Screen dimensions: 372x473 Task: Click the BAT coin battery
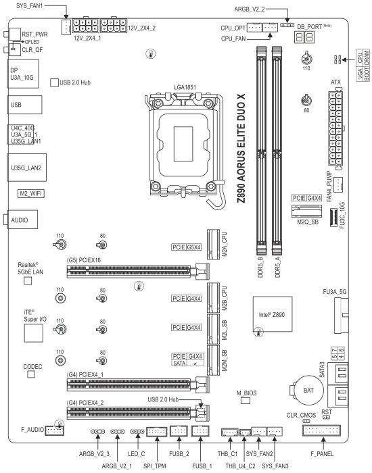[x=308, y=391]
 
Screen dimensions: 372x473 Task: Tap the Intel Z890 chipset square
[x=273, y=314]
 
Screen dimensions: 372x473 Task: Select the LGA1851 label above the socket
[x=185, y=87]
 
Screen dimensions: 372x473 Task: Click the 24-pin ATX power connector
[x=335, y=128]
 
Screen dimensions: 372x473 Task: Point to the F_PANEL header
[x=321, y=430]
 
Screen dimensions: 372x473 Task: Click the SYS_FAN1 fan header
[x=66, y=27]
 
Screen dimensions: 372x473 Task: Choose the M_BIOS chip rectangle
[x=246, y=400]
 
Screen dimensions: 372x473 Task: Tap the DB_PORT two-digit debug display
[x=304, y=37]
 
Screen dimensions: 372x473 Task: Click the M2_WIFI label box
[x=31, y=193]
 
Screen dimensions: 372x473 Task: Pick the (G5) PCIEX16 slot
[x=138, y=271]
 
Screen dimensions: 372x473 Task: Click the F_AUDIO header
[x=54, y=430]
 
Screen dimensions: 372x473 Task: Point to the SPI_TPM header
[x=157, y=432]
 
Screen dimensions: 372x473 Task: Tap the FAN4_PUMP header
[x=338, y=183]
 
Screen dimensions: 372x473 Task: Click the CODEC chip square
[x=31, y=374]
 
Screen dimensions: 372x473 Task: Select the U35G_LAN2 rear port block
[x=27, y=168]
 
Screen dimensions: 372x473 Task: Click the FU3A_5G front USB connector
[x=341, y=315]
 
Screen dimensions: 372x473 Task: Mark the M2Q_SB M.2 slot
[x=307, y=211]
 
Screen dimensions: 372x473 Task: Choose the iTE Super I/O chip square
[x=34, y=333]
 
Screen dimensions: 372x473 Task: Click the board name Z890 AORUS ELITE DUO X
[x=241, y=148]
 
